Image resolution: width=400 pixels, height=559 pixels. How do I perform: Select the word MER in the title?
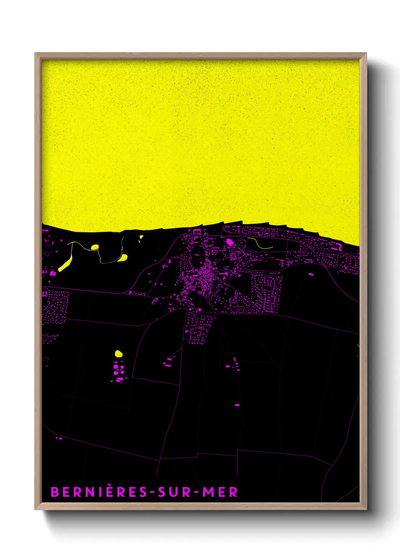coord(220,492)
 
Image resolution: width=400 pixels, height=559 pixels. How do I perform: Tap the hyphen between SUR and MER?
coord(195,493)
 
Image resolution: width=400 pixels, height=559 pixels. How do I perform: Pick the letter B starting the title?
coord(54,492)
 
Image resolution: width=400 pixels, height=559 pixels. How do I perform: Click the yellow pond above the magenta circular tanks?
coord(119,354)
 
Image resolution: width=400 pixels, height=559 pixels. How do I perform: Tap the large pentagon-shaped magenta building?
coord(230,242)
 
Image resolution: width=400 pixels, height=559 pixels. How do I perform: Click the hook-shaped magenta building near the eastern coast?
coord(338,246)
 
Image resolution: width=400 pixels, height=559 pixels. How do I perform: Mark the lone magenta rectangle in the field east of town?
coord(311,274)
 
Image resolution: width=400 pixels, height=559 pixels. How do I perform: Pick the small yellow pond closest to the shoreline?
coord(141,237)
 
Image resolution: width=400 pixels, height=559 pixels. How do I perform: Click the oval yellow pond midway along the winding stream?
coord(95,247)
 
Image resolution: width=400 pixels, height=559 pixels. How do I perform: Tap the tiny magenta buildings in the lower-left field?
coord(59,438)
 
